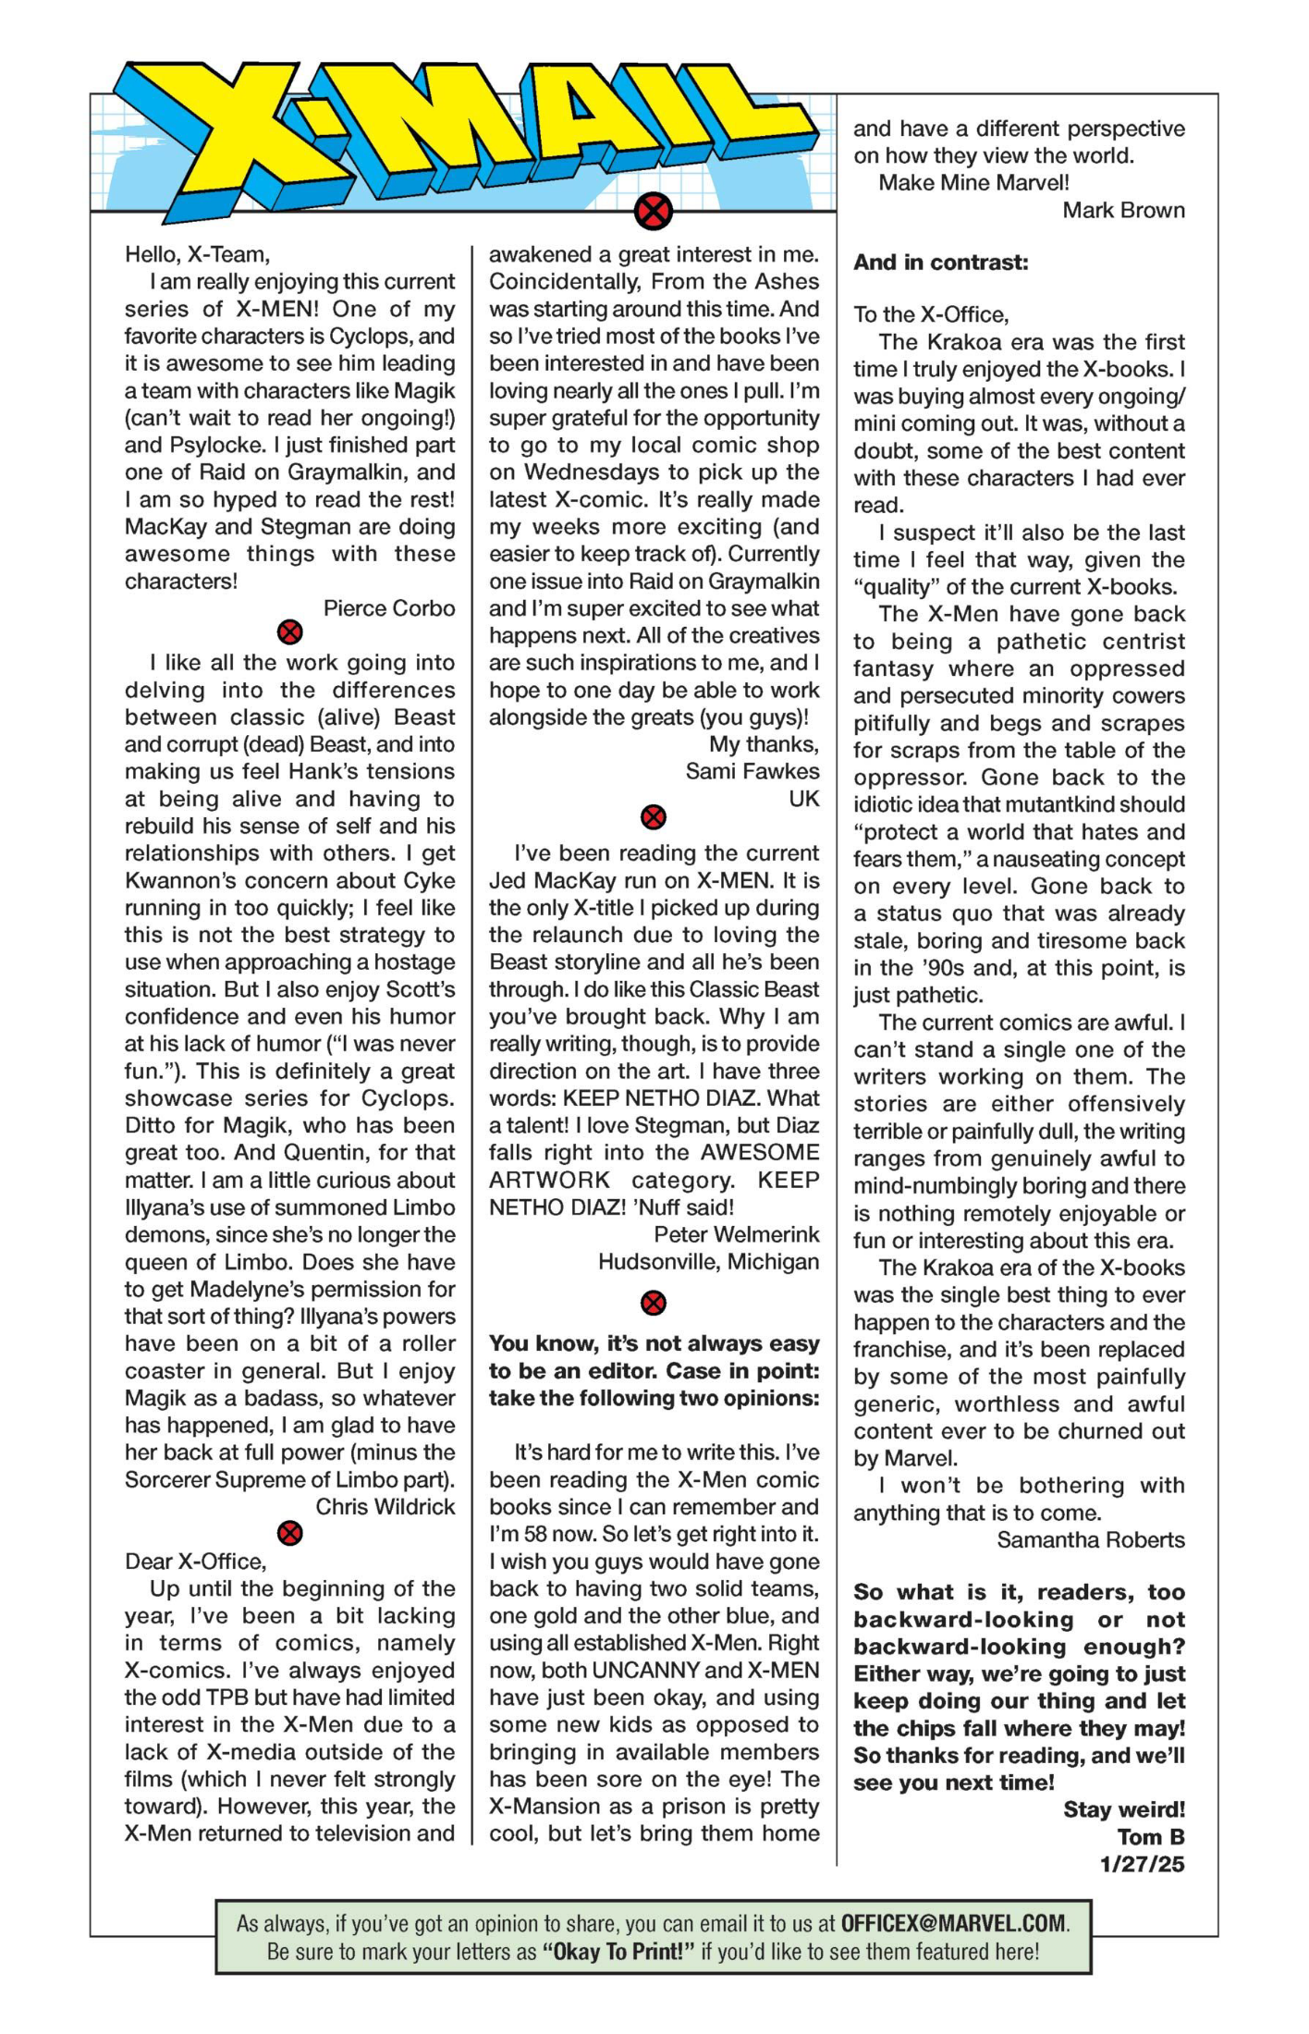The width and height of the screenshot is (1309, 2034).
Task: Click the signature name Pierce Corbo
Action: pos(389,608)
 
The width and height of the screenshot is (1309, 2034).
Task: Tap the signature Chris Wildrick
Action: pos(385,1507)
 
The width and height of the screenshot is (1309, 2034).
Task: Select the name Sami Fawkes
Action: pos(752,772)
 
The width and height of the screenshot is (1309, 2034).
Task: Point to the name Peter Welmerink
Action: pos(736,1234)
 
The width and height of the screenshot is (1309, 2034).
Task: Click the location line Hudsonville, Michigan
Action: pos(708,1262)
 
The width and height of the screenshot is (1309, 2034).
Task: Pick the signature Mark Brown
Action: pos(1123,210)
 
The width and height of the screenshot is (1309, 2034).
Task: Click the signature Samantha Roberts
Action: pos(1091,1540)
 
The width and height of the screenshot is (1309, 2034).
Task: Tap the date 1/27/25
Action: pos(1142,1864)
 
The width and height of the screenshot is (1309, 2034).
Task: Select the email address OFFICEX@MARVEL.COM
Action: pos(953,1924)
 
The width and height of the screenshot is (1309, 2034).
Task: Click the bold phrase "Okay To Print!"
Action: pos(618,1952)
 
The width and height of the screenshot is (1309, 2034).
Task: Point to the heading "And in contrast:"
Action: pos(940,263)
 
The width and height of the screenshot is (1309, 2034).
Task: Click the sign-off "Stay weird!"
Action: pos(1124,1809)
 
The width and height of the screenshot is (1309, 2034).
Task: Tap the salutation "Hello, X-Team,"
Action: pos(197,254)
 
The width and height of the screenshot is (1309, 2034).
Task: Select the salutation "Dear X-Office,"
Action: pos(195,1562)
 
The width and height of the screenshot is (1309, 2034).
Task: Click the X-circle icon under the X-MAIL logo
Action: pos(654,212)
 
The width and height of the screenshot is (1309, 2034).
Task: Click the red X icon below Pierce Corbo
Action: pos(290,633)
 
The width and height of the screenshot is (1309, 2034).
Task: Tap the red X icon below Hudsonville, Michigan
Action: pos(654,1304)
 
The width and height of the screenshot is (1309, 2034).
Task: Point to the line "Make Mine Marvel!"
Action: pos(973,183)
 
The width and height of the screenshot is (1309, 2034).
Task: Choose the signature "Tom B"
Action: pos(1151,1837)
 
